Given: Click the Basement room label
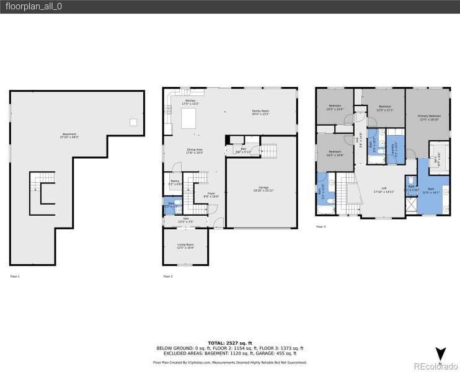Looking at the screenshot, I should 69,135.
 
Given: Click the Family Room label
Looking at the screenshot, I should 260,112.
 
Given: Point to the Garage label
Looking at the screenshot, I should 264,188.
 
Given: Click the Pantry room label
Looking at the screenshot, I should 175,182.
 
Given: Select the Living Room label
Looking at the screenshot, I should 186,246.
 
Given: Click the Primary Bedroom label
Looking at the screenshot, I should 429,117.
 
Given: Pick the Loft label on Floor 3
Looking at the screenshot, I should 384,190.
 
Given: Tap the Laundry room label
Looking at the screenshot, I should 393,149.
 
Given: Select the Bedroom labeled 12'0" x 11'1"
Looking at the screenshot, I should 384,108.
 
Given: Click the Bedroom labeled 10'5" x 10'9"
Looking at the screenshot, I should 335,153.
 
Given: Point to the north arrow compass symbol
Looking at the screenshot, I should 440,354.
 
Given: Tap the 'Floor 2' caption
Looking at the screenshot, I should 168,276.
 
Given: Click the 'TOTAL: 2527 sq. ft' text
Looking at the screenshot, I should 230,342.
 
